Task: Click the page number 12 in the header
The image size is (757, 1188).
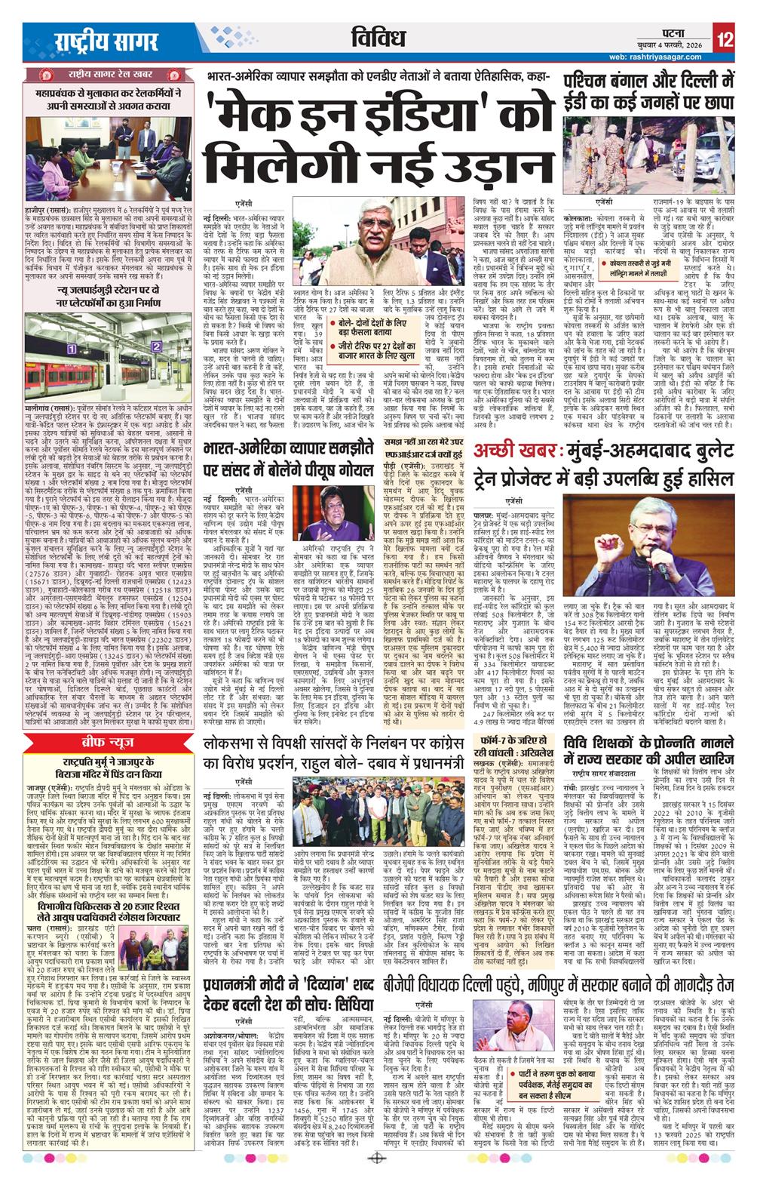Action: click(725, 40)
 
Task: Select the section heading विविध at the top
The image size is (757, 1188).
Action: click(378, 38)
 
